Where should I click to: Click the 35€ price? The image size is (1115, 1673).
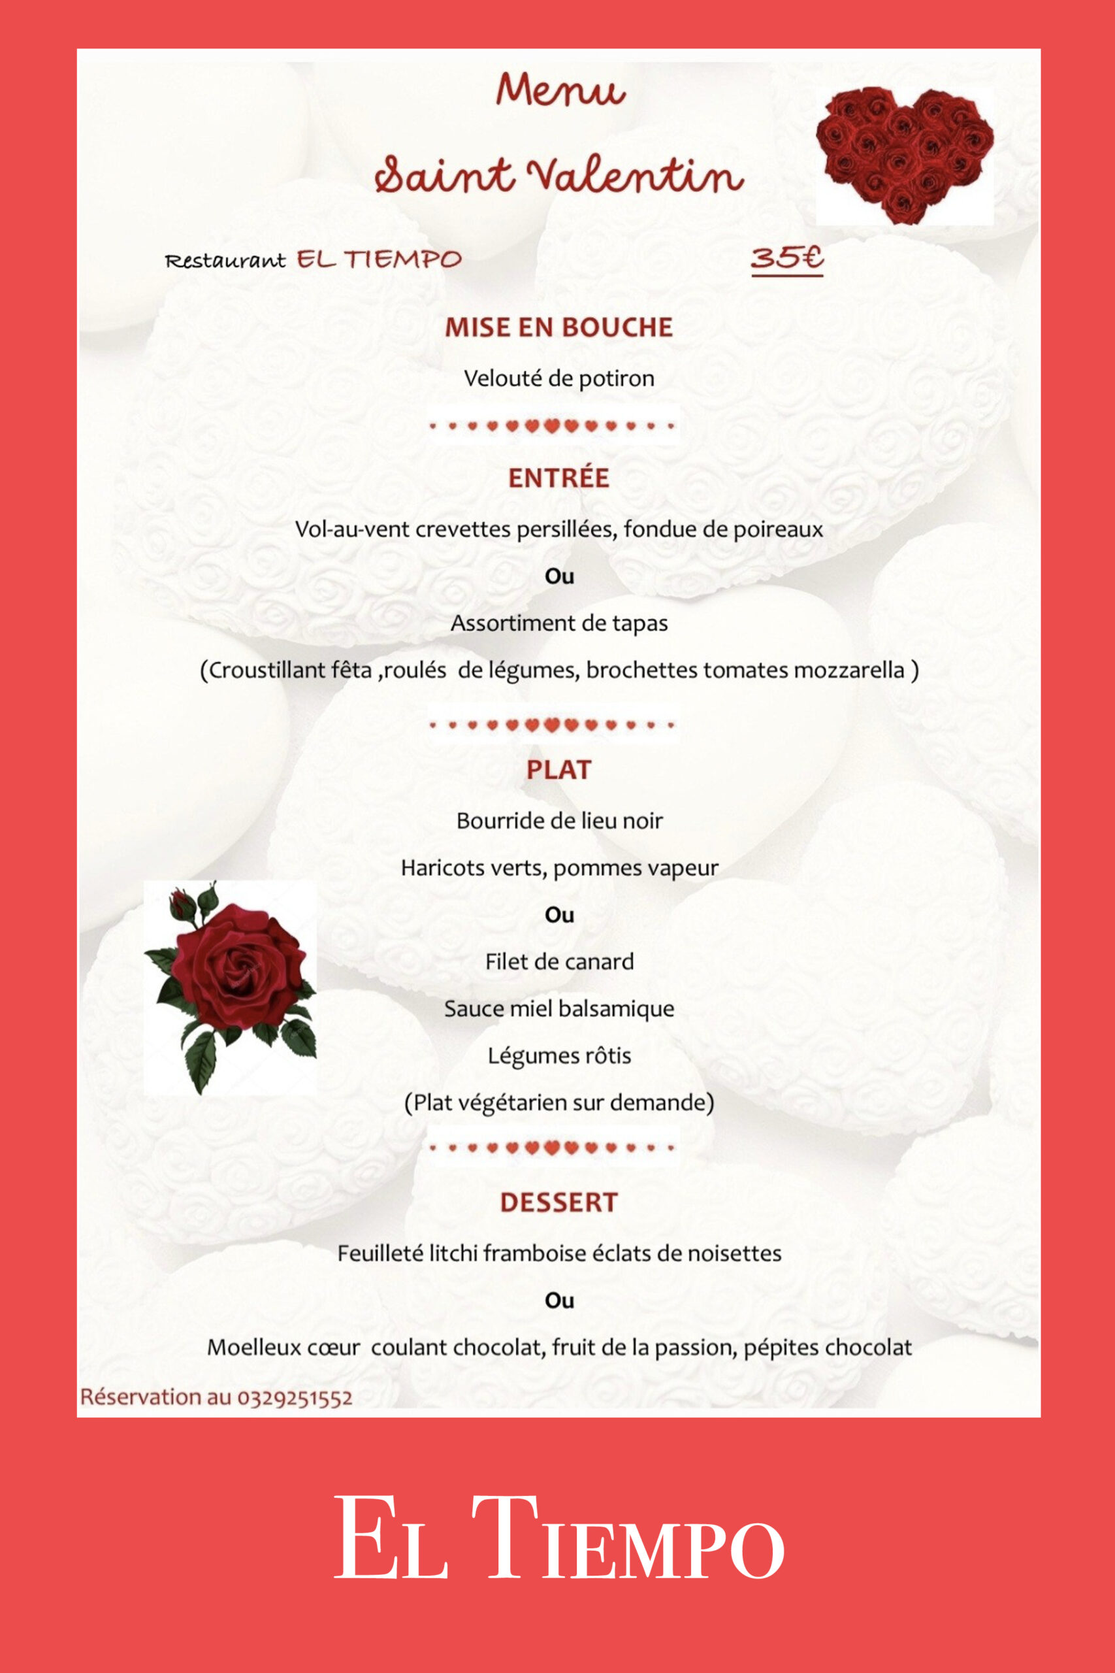click(x=786, y=257)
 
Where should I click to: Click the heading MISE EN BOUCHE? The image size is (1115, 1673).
click(x=558, y=327)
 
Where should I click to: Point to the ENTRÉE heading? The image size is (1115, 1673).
click(x=558, y=478)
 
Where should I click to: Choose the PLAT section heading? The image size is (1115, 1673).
click(x=558, y=770)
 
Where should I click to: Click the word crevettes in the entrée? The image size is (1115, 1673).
click(x=464, y=530)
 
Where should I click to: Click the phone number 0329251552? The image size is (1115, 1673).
click(x=295, y=1398)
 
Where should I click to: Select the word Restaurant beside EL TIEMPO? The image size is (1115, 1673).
click(x=225, y=261)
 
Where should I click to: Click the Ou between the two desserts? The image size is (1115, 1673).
click(x=559, y=1301)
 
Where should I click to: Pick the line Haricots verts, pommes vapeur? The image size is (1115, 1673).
click(x=559, y=868)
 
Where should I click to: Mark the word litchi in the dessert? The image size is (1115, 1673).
click(x=453, y=1253)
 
